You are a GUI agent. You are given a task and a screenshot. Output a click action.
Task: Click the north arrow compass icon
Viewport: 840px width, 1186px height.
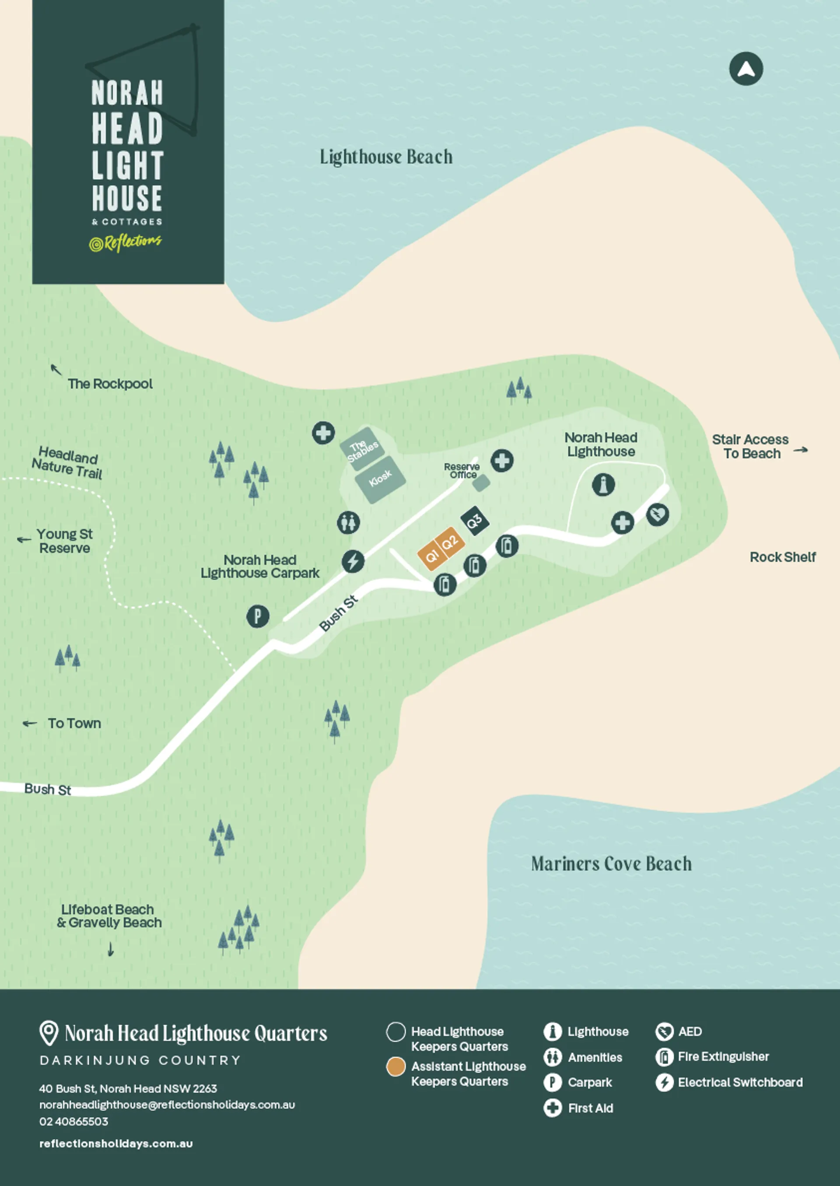click(745, 69)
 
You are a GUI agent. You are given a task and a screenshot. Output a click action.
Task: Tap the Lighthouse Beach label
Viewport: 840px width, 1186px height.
click(386, 157)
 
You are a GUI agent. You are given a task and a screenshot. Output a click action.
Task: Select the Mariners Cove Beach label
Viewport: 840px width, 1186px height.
click(611, 863)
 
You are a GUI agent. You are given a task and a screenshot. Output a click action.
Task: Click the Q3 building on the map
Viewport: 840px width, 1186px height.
click(475, 521)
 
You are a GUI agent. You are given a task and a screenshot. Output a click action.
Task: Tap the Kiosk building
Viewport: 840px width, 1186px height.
click(380, 479)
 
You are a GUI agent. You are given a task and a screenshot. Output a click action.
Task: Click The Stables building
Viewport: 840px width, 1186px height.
click(362, 449)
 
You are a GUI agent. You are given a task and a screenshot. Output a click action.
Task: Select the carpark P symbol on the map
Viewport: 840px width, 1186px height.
click(258, 616)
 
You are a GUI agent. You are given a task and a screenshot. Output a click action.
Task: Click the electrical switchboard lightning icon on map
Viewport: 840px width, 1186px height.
click(353, 561)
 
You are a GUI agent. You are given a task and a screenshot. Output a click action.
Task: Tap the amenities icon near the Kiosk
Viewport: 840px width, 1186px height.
click(349, 522)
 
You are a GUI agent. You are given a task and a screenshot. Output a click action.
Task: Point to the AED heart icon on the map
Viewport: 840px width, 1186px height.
click(658, 514)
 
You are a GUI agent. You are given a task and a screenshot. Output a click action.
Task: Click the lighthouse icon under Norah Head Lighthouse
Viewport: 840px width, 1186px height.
click(603, 484)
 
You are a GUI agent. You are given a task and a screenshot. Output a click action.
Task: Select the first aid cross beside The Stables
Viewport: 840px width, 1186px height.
click(323, 432)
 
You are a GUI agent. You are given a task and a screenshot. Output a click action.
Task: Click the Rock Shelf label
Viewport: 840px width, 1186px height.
click(783, 557)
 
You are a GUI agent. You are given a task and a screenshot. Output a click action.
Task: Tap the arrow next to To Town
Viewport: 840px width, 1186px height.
click(29, 723)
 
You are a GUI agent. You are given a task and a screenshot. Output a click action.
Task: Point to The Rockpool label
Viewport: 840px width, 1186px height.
click(110, 384)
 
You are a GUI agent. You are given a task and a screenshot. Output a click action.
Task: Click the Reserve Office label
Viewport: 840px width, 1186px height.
click(462, 471)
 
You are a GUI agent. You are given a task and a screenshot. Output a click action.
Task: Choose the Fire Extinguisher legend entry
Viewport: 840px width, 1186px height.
click(723, 1057)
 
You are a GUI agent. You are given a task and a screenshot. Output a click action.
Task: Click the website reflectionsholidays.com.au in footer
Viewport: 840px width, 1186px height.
click(116, 1144)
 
